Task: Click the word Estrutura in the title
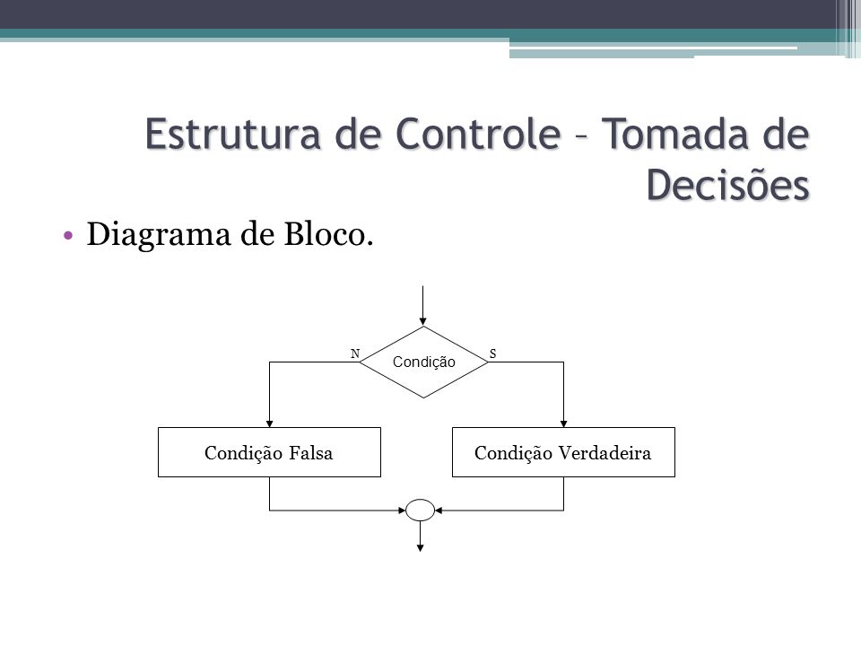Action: pos(233,134)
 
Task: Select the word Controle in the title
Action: pos(478,134)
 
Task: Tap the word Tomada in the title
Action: pos(676,134)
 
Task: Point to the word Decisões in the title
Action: pos(727,184)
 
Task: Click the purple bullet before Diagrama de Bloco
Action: pos(68,236)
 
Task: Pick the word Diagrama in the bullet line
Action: pos(159,234)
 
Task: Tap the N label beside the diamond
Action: pos(355,354)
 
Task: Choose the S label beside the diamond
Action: pos(492,354)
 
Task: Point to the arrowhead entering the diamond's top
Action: pos(422,322)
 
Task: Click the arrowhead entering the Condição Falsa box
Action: pos(269,423)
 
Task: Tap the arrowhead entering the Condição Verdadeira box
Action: pos(563,423)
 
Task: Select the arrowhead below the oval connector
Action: pos(420,547)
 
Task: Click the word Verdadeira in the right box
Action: pos(604,452)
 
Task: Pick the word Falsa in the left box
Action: pos(311,452)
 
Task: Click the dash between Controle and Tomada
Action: pos(581,135)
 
